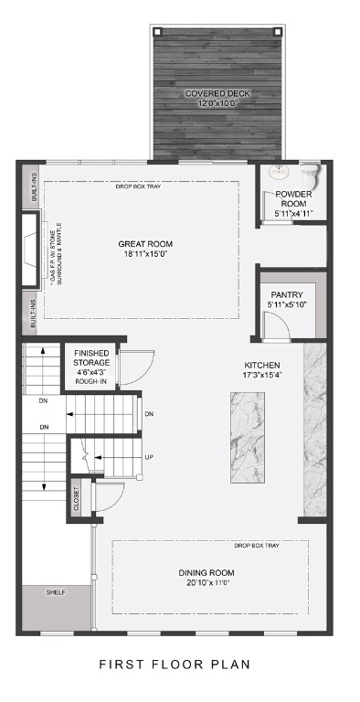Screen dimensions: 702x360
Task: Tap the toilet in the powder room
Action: [311, 173]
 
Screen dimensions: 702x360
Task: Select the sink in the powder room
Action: [281, 172]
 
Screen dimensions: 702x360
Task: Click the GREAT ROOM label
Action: [145, 244]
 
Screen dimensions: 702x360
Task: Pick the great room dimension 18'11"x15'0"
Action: [145, 256]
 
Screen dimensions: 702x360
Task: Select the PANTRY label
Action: [285, 294]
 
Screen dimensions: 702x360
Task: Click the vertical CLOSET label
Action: [77, 499]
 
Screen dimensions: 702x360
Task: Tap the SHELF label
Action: [55, 592]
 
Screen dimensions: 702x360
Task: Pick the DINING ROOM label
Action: [206, 573]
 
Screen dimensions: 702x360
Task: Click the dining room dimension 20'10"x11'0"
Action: [206, 584]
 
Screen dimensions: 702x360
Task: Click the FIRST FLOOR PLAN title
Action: [174, 665]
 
